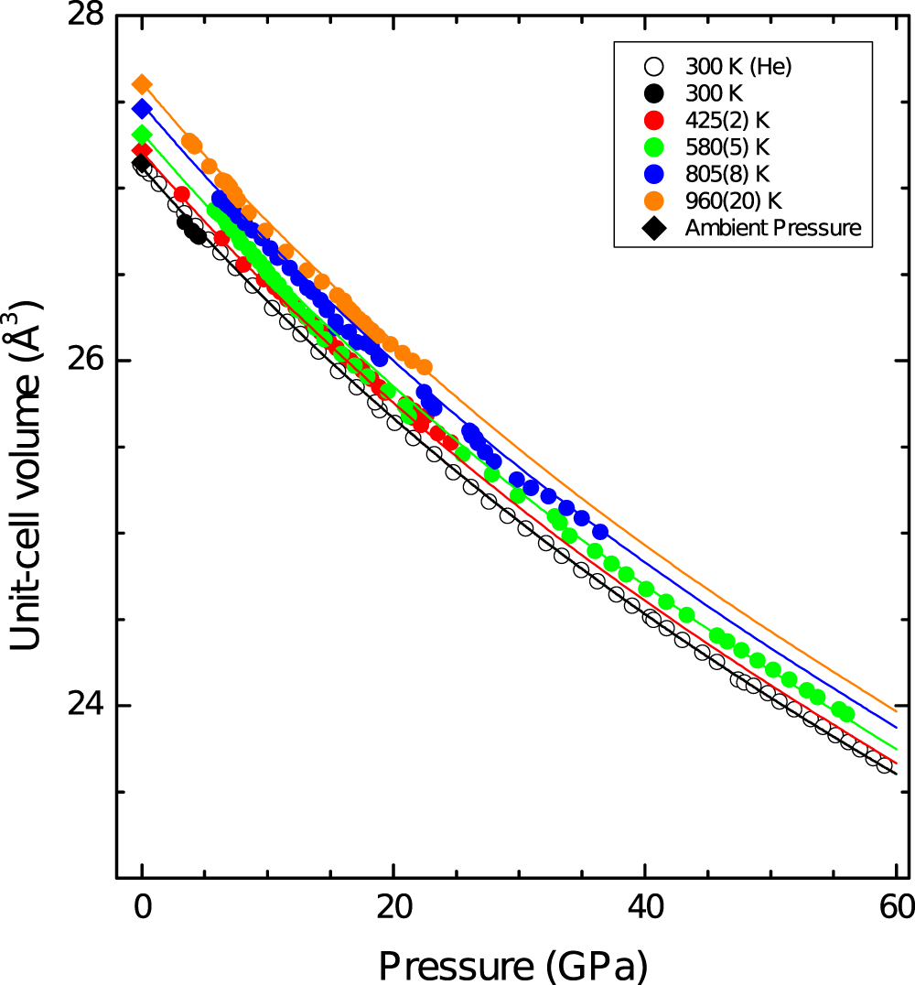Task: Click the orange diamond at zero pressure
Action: coord(142,84)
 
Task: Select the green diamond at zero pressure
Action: coord(142,135)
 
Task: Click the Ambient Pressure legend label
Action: coord(773,228)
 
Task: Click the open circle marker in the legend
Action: coord(653,66)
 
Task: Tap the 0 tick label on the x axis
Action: coord(142,910)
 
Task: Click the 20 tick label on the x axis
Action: coord(393,910)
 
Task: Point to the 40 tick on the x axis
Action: coord(645,910)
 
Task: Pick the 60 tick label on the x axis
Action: coord(895,910)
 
